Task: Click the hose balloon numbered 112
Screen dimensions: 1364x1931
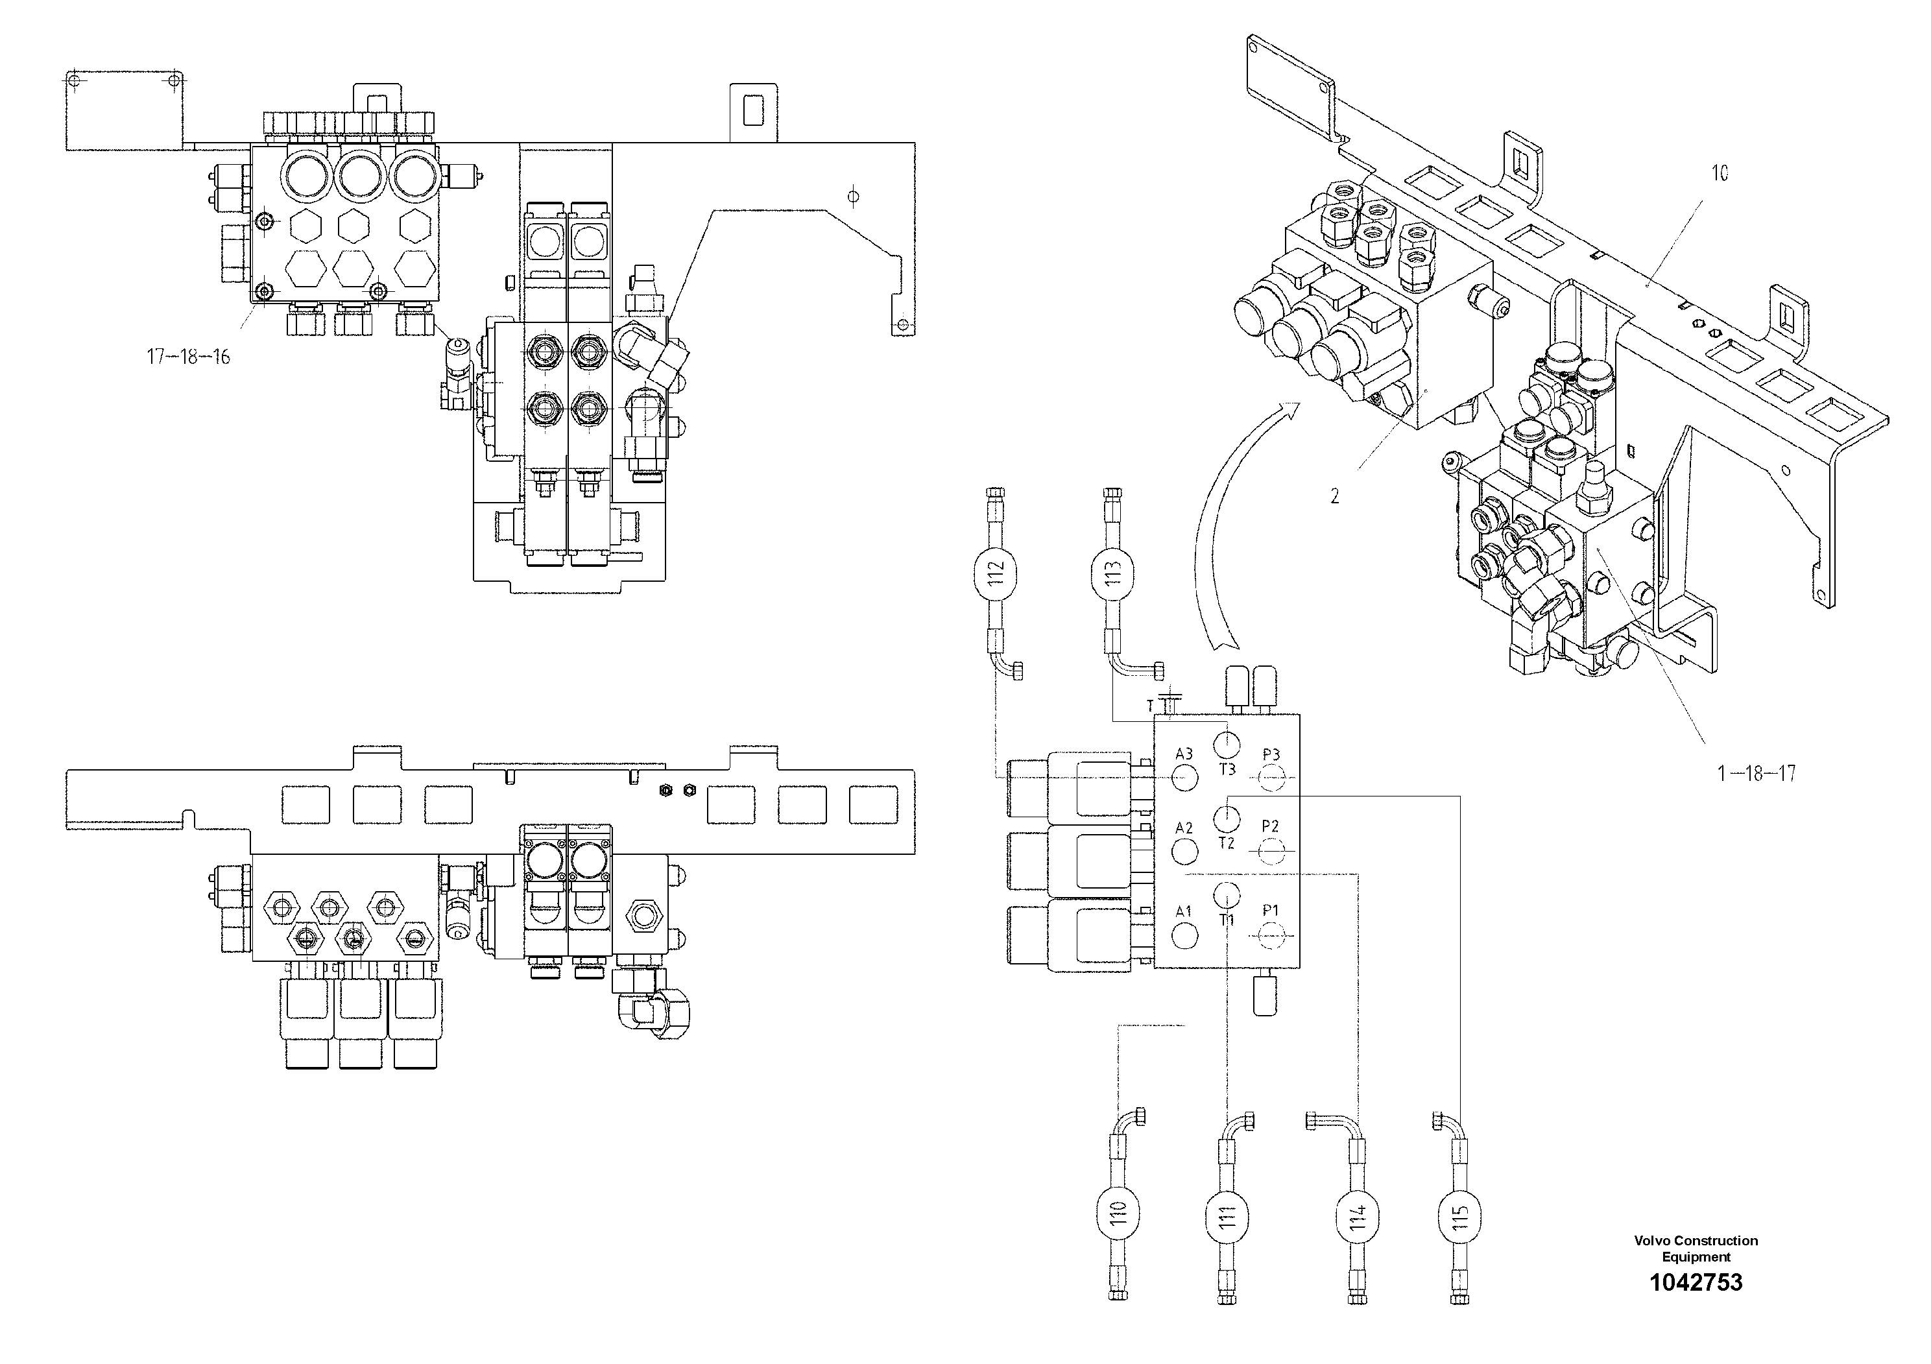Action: [996, 575]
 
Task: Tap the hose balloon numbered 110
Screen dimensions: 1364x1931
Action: [1118, 1214]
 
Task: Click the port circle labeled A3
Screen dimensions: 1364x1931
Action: [1184, 777]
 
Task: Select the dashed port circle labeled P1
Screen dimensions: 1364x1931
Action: [1270, 933]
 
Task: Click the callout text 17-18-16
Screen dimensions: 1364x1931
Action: [188, 357]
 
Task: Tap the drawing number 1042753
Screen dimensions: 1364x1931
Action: [1696, 1282]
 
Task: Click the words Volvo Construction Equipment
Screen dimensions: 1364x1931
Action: [1696, 1249]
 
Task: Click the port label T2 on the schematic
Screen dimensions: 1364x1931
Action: [1227, 843]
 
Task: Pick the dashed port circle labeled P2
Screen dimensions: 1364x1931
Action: [1270, 854]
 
